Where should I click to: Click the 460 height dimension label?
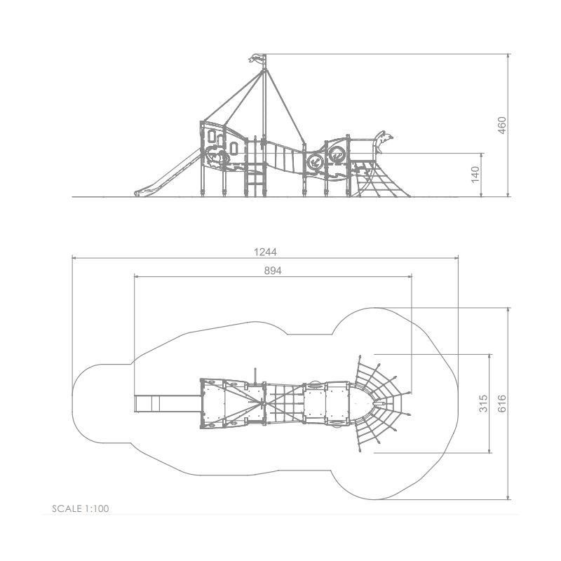pos(502,126)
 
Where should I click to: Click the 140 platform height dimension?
pos(475,174)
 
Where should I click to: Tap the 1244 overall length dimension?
pos(265,252)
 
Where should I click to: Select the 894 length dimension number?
pos(273,271)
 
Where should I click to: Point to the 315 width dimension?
pos(483,403)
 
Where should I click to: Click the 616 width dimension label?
pos(502,403)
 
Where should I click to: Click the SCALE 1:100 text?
pos(81,508)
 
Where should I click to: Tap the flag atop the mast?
pos(257,58)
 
